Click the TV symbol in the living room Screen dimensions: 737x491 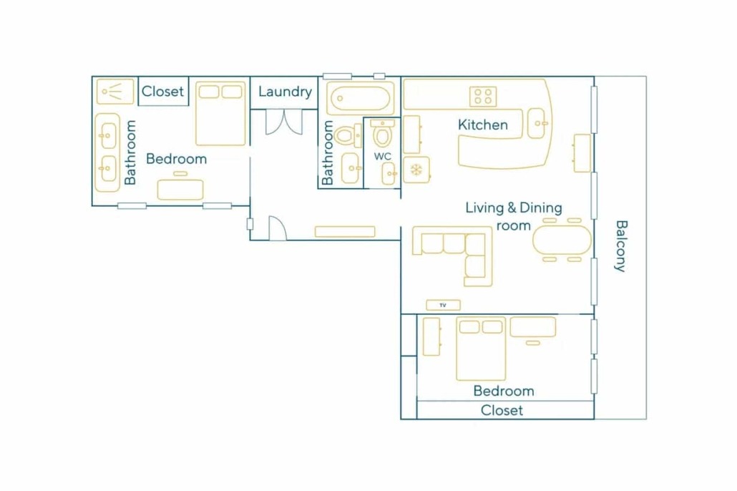443,305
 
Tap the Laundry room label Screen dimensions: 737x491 285,91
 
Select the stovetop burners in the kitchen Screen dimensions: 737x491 483,97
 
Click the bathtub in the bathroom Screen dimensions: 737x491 361,99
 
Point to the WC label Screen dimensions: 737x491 383,156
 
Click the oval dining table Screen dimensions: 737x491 562,240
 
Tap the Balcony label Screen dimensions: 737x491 621,246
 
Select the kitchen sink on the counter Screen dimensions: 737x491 537,123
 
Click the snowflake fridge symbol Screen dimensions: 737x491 416,170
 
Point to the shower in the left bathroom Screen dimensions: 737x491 115,91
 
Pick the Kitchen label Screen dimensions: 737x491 483,125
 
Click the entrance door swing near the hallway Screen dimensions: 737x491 278,228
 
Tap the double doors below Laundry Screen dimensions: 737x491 284,122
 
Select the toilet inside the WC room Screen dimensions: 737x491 383,133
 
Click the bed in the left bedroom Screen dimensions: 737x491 220,114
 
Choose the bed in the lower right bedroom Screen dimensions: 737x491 481,349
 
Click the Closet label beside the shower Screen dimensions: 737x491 162,91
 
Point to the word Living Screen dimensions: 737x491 484,208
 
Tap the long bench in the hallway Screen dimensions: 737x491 345,231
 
